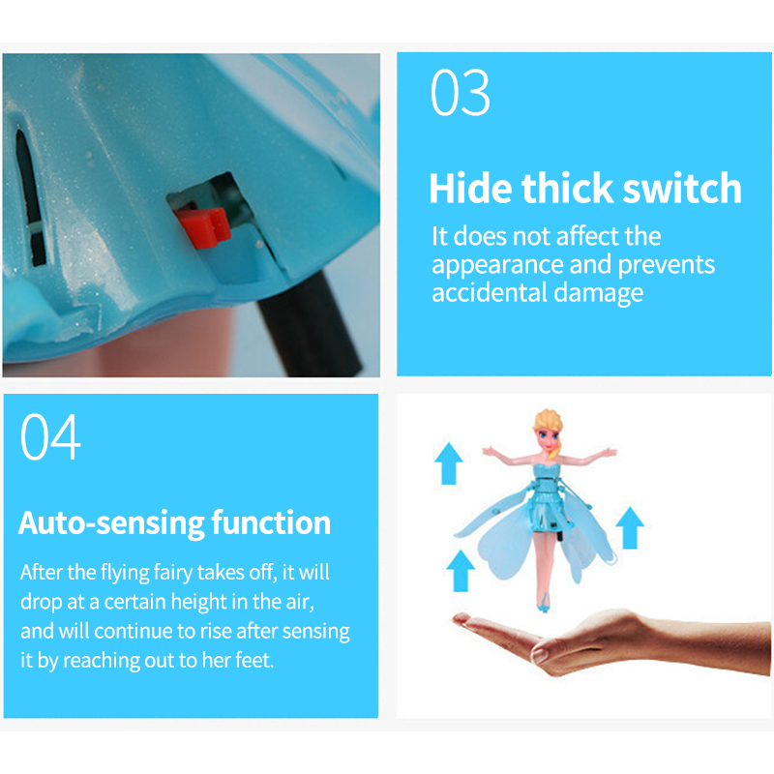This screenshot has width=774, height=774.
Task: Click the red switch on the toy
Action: click(203, 226)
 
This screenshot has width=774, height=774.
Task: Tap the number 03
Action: click(461, 92)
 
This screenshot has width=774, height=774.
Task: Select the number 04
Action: click(50, 436)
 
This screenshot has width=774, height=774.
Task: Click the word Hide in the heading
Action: click(470, 188)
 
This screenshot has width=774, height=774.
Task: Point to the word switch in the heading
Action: click(682, 188)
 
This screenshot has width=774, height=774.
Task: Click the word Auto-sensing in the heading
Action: click(111, 523)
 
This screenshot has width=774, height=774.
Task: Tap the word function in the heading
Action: click(271, 522)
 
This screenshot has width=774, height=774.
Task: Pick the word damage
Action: click(598, 293)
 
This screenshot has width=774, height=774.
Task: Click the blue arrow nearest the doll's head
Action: click(449, 463)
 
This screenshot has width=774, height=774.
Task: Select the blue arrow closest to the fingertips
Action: click(461, 571)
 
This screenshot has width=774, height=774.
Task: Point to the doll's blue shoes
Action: click(544, 603)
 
